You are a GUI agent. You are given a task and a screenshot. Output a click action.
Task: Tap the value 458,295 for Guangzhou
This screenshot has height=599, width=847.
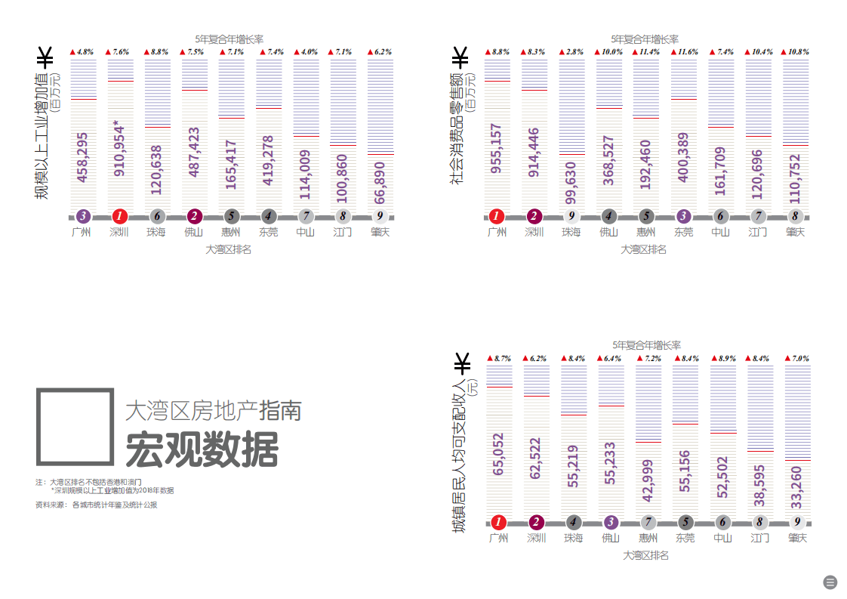pyautogui.click(x=83, y=158)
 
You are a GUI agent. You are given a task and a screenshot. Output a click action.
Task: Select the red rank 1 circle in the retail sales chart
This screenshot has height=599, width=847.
pyautogui.click(x=497, y=216)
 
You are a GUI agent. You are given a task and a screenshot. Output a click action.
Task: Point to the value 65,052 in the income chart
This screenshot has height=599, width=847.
pyautogui.click(x=498, y=454)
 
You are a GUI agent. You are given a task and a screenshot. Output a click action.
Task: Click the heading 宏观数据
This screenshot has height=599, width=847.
pyautogui.click(x=202, y=449)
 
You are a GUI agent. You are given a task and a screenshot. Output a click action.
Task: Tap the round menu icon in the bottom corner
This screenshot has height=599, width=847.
pyautogui.click(x=830, y=582)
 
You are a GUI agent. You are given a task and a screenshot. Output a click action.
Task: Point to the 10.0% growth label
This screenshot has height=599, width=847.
pyautogui.click(x=609, y=52)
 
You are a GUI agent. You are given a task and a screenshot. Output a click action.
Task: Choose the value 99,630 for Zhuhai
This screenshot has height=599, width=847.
pyautogui.click(x=572, y=184)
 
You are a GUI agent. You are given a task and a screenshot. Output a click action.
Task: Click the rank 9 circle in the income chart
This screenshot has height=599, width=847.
pyautogui.click(x=798, y=522)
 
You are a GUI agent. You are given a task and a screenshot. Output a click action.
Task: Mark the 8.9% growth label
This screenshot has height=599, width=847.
pyautogui.click(x=724, y=359)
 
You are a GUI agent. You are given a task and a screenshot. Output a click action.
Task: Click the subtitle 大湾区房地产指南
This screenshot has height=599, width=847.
pyautogui.click(x=214, y=410)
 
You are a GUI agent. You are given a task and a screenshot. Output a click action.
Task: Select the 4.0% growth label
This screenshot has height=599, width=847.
pyautogui.click(x=306, y=52)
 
